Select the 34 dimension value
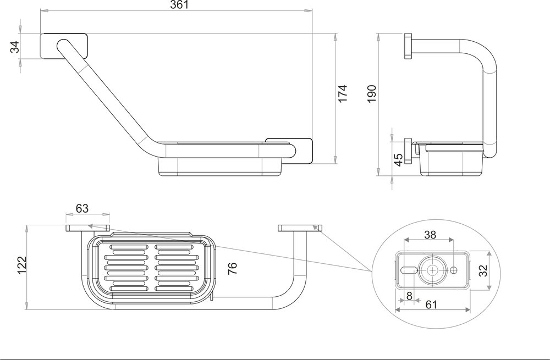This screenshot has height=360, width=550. pyautogui.click(x=15, y=47)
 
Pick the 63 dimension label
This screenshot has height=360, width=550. pyautogui.click(x=82, y=208)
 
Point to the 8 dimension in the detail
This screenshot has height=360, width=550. pyautogui.click(x=408, y=296)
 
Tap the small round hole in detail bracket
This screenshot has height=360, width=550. pyautogui.click(x=454, y=270)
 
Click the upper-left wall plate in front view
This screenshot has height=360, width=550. pyautogui.click(x=64, y=46)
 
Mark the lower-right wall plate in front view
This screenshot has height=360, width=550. pyautogui.click(x=290, y=151)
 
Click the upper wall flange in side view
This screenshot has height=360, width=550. pyautogui.click(x=408, y=47)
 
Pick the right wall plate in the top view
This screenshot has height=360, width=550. pyautogui.click(x=300, y=228)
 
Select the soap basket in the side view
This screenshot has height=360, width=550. pyautogui.click(x=452, y=159)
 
